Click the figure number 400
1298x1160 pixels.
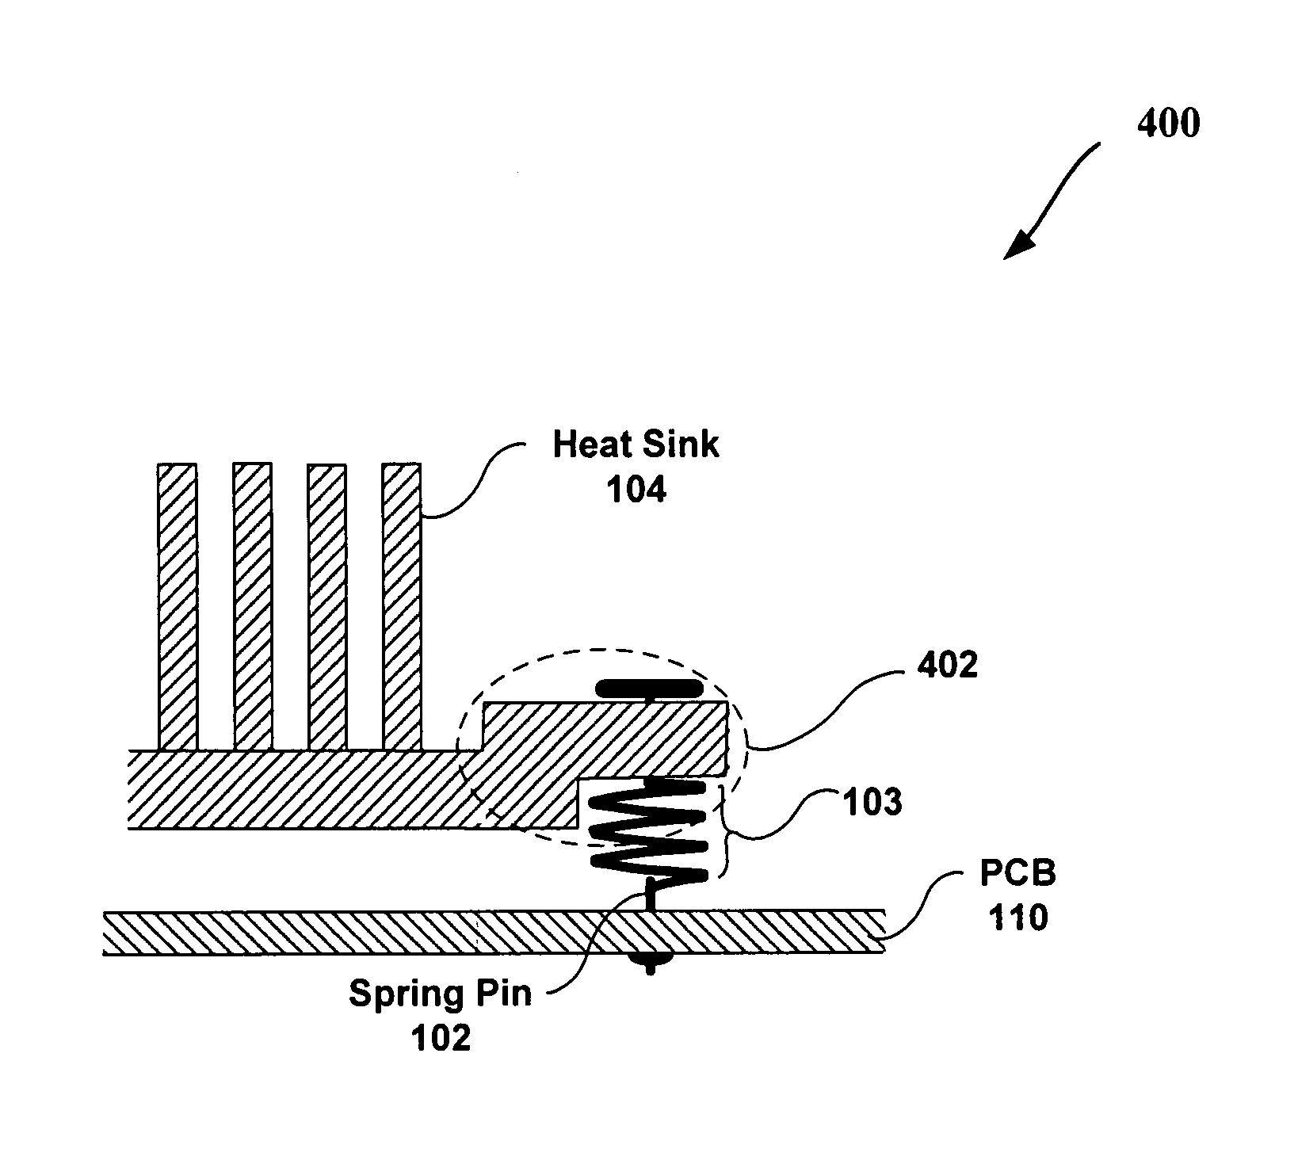[1168, 124]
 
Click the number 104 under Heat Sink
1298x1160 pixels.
[636, 490]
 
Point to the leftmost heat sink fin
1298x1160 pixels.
[178, 607]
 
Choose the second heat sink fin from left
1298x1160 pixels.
[252, 607]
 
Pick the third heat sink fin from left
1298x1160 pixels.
[326, 607]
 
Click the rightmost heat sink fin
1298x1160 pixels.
[401, 607]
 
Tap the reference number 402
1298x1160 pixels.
[948, 666]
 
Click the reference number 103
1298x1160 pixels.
[872, 803]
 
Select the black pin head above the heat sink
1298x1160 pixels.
[649, 688]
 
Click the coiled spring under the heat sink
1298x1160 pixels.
[649, 830]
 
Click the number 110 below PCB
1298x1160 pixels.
[1018, 918]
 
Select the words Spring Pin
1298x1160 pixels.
[440, 994]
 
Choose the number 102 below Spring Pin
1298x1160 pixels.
[440, 1038]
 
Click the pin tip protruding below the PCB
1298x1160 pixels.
[650, 963]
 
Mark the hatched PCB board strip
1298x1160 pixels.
[493, 931]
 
